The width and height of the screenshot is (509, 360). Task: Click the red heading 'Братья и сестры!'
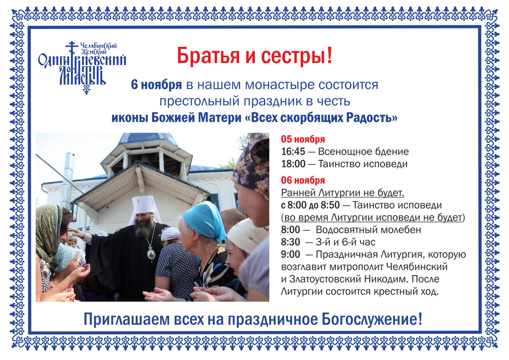(x=254, y=56)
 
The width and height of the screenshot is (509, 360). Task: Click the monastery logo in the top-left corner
(x=82, y=67)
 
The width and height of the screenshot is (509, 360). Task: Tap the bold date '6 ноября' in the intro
(x=156, y=85)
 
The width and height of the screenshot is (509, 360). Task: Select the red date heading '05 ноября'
(x=303, y=139)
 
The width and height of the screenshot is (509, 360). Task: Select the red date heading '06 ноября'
(x=303, y=180)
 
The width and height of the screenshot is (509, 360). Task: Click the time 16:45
(x=293, y=152)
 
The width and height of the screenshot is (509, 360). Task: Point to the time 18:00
(x=293, y=164)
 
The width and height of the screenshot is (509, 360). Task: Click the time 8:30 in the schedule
(x=291, y=242)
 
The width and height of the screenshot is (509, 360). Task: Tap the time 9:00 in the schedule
(x=291, y=255)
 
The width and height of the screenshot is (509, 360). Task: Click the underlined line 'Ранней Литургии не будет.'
(x=343, y=193)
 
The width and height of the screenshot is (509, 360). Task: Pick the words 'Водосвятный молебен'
(x=368, y=230)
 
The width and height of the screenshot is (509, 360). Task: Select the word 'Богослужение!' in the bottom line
(x=372, y=319)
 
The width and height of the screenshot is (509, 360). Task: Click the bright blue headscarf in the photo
(x=205, y=221)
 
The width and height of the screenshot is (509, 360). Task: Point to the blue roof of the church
(x=148, y=139)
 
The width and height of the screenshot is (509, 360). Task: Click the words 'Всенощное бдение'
(x=363, y=152)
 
